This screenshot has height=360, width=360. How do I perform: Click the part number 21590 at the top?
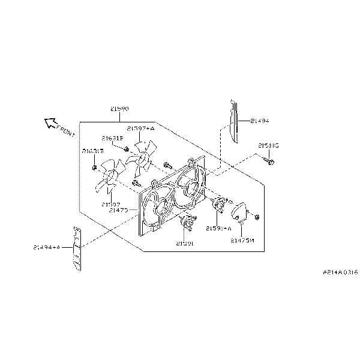tap(119, 109)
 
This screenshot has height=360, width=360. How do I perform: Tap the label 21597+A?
tap(140, 128)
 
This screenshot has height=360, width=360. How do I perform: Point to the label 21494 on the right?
tap(259, 121)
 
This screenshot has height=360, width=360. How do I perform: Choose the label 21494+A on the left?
tap(47, 247)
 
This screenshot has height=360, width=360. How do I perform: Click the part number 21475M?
tap(242, 240)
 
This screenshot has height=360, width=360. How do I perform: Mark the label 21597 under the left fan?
tap(112, 203)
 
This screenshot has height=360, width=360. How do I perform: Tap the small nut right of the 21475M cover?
tap(257, 216)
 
